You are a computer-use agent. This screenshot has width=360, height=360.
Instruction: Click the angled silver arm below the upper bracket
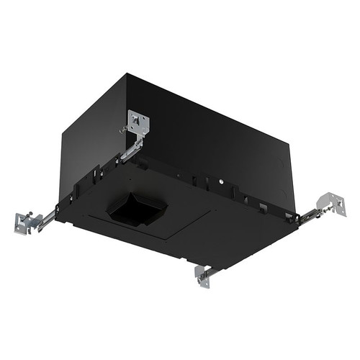(x=132, y=150)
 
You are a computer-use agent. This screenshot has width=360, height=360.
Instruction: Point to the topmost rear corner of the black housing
(x=127, y=73)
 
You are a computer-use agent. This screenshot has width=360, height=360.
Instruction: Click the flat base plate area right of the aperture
(x=216, y=230)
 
